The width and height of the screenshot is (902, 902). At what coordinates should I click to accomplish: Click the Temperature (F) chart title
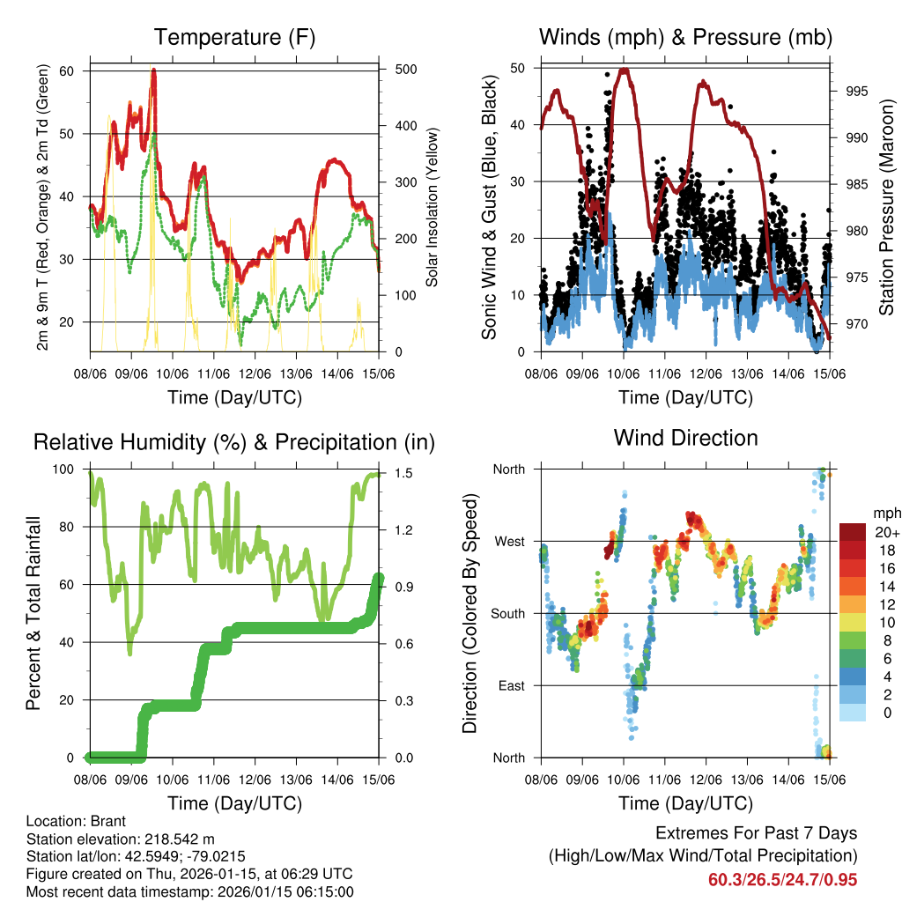pos(233,38)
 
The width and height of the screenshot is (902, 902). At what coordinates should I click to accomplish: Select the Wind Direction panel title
pos(685,438)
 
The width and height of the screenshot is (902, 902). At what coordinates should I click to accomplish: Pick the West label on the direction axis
pos(508,541)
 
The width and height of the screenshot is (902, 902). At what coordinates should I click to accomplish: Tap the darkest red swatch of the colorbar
pos(854,532)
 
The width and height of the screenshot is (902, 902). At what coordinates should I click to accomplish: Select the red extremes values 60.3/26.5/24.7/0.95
pos(782,879)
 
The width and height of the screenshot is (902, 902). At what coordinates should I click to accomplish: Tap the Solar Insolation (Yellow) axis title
pos(433,208)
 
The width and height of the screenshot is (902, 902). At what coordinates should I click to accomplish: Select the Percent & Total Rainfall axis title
pos(33,613)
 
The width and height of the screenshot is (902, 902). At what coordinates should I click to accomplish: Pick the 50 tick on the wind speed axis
pos(520,68)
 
